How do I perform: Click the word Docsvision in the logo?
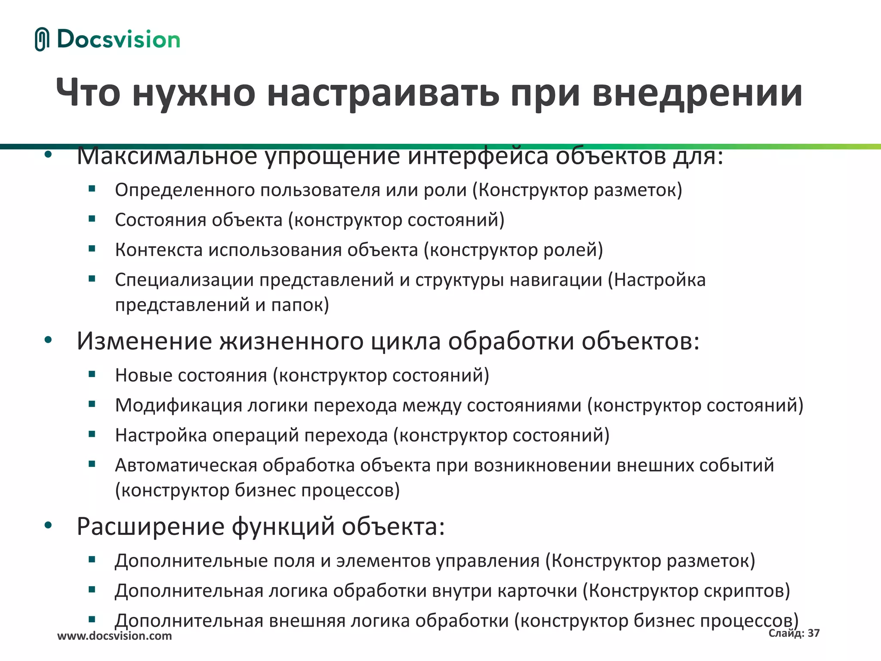tap(118, 40)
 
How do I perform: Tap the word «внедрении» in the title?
tap(697, 93)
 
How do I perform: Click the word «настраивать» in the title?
tap(383, 93)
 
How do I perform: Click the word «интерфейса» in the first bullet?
tap(477, 156)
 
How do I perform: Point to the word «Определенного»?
tap(185, 190)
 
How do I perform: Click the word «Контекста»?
tap(159, 250)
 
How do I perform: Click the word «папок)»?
tap(300, 305)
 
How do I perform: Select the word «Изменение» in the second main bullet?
tap(145, 341)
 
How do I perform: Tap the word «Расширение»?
tap(151, 526)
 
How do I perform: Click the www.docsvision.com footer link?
tap(114, 636)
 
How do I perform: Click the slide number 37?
tap(813, 633)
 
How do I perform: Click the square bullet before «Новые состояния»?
tap(92, 374)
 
